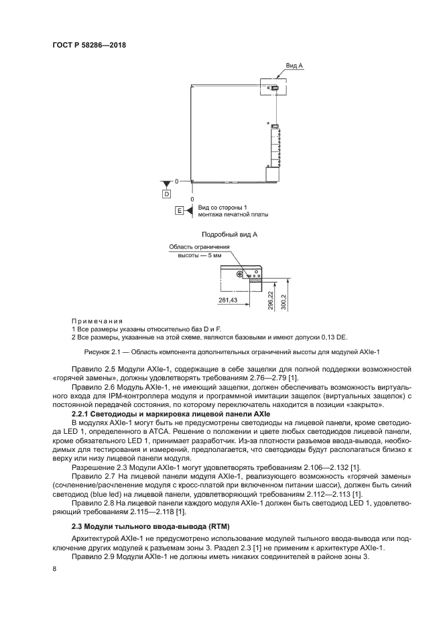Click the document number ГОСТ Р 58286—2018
[89, 45]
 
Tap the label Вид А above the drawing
[294, 66]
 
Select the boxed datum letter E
[179, 212]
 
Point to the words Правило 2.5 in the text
[92, 370]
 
